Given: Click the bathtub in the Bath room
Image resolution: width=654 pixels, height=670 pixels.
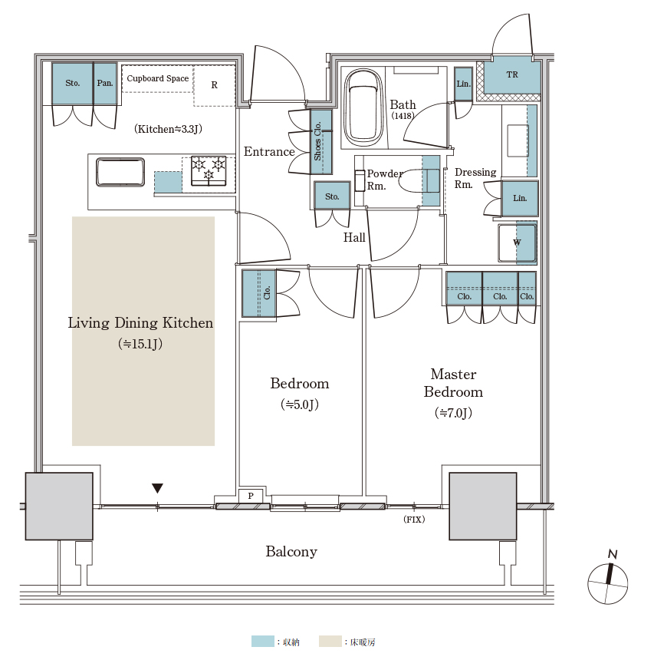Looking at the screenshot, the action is (363, 108).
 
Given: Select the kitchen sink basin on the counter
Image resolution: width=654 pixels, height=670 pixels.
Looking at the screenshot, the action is (120, 172).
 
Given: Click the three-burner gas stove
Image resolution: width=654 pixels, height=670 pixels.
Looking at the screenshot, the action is (209, 171).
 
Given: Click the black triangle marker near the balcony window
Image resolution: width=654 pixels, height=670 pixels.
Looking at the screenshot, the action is (157, 488).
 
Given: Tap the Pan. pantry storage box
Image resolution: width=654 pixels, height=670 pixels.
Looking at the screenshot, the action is (105, 84).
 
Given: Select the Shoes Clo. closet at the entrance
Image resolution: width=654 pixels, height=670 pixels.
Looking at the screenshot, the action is (321, 142).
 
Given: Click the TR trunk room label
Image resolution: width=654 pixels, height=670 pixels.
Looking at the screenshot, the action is (512, 74).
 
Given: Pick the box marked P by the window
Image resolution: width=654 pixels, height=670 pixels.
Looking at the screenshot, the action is (251, 496).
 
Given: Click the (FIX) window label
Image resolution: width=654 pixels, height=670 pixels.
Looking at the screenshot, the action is (414, 520).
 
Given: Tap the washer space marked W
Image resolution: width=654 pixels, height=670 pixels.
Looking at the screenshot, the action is (518, 243).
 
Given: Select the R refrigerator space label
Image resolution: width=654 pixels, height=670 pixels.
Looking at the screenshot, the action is (215, 85).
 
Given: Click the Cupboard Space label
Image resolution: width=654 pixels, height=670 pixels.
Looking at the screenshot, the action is (157, 78).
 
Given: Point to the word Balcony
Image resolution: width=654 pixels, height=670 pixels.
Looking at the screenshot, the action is (291, 552).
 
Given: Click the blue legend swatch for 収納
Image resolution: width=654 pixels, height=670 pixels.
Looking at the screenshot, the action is (262, 642).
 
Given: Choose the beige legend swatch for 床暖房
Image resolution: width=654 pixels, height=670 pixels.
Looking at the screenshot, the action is (330, 642).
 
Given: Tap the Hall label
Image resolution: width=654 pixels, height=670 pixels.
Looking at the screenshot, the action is (354, 238).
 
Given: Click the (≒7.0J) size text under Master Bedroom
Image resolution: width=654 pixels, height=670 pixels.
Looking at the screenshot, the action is (453, 413).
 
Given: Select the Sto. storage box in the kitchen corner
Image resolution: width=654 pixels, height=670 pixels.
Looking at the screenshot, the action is (73, 84).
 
